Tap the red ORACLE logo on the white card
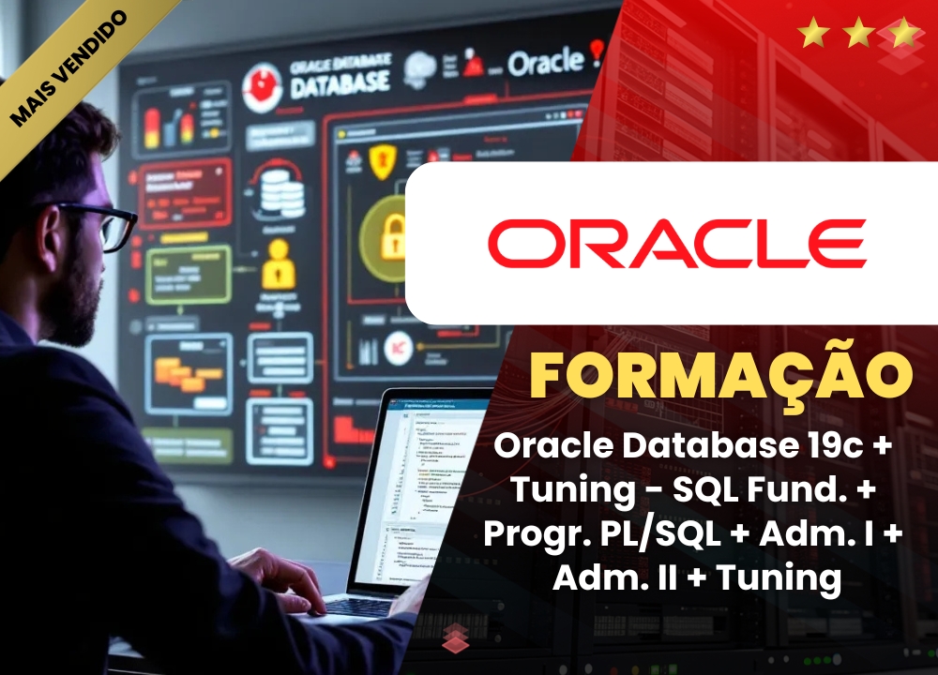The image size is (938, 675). click(676, 244)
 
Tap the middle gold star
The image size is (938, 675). click(859, 34)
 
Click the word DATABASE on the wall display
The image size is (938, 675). click(340, 84)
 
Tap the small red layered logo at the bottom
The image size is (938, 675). click(457, 636)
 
